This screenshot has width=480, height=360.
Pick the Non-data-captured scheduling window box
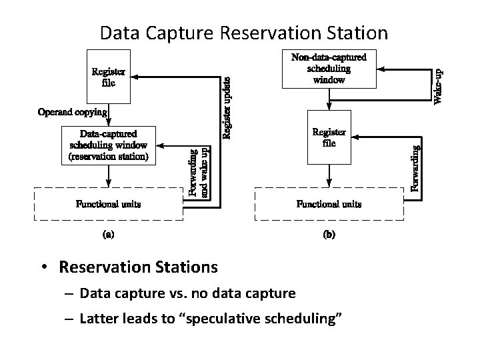pos(329,68)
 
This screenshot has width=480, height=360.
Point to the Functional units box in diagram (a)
pos(109,204)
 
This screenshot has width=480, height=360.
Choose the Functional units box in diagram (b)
pos(329,204)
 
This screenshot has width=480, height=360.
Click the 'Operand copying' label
pos(72,112)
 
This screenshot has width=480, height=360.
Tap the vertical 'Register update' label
pos(227,107)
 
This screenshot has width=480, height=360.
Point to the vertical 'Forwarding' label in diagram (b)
pos(415,169)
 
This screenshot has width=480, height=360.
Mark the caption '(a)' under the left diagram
pos(107,235)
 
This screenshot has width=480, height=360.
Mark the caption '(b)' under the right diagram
pos(329,235)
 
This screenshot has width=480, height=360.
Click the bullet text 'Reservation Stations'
pos(138,267)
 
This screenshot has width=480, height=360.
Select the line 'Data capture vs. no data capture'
pos(187,293)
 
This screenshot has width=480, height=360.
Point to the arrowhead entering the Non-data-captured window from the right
pos(381,68)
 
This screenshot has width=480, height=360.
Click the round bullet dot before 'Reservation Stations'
pos(43,268)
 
